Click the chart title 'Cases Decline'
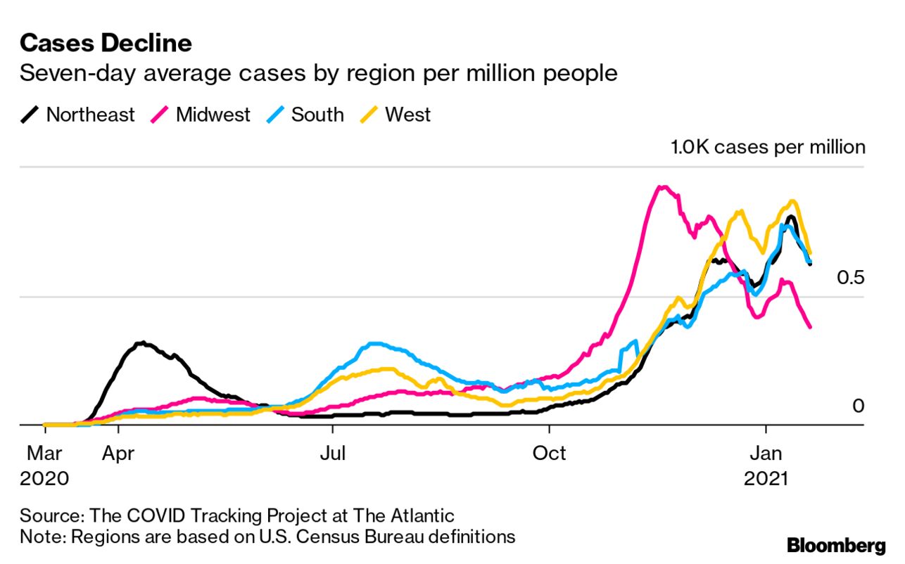click(x=106, y=43)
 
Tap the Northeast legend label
click(x=90, y=115)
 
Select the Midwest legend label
click(x=213, y=115)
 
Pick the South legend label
click(x=317, y=115)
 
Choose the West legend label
click(x=407, y=115)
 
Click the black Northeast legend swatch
click(x=30, y=115)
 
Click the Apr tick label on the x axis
click(x=118, y=453)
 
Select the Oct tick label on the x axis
click(x=549, y=453)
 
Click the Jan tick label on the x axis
click(x=765, y=453)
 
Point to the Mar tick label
click(x=44, y=453)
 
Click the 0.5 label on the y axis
click(x=850, y=278)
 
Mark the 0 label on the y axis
click(x=857, y=406)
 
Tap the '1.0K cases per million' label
click(x=766, y=147)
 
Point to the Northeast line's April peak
click(x=143, y=343)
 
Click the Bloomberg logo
click(x=836, y=545)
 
